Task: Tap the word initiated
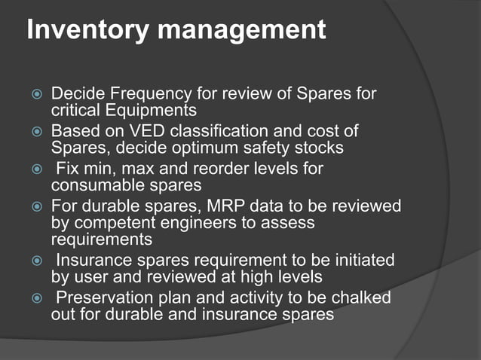pyautogui.click(x=357, y=260)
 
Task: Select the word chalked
pyautogui.click(x=359, y=297)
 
